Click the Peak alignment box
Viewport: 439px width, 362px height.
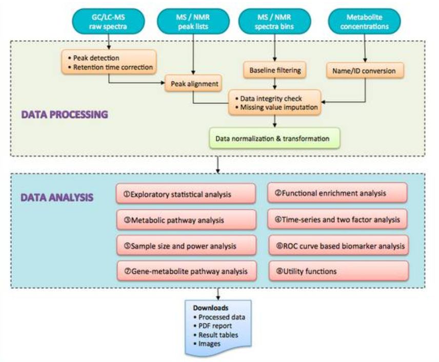click(192, 82)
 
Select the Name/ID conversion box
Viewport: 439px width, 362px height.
click(365, 70)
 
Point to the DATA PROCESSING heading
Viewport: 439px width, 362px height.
click(64, 115)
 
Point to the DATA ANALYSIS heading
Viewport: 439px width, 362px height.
click(57, 197)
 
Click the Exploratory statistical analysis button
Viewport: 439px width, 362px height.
click(186, 195)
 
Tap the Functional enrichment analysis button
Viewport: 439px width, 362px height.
click(338, 193)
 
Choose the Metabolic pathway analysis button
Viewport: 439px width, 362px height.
click(186, 220)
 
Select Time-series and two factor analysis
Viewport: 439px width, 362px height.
click(338, 219)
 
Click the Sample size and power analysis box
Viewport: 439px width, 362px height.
click(186, 246)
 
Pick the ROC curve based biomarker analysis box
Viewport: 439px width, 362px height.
click(338, 246)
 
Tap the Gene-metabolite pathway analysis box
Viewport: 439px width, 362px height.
click(186, 271)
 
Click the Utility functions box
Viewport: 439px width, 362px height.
click(338, 271)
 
